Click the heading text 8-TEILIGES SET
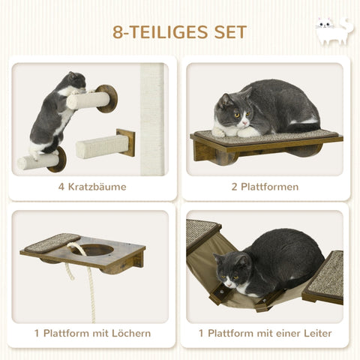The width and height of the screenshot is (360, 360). click(x=179, y=32)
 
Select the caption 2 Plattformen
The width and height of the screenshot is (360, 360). click(x=265, y=187)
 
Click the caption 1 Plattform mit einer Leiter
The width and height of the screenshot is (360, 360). click(x=265, y=333)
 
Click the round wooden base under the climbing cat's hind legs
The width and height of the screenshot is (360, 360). click(x=58, y=159)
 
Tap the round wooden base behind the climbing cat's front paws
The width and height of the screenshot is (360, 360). click(x=106, y=98)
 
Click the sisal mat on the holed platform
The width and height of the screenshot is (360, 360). click(x=52, y=243)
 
